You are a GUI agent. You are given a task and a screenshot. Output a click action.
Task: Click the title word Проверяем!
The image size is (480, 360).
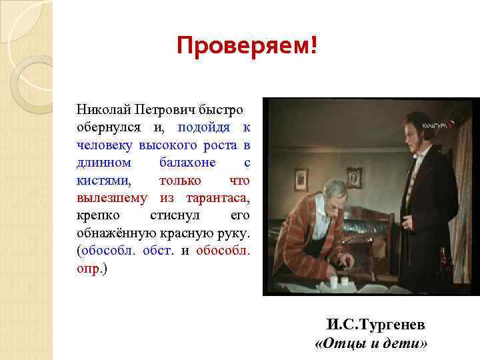[x=247, y=46]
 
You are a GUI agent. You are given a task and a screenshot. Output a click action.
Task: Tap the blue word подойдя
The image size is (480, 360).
[x=205, y=127]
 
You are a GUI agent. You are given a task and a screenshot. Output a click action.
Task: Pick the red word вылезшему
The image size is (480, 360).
[x=111, y=199]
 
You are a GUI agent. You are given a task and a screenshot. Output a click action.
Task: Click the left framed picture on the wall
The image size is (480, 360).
[x=301, y=179]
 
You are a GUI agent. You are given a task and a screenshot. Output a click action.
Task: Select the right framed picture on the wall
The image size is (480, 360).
[x=354, y=177]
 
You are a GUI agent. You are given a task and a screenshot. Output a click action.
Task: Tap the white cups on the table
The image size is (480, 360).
[x=339, y=283]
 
